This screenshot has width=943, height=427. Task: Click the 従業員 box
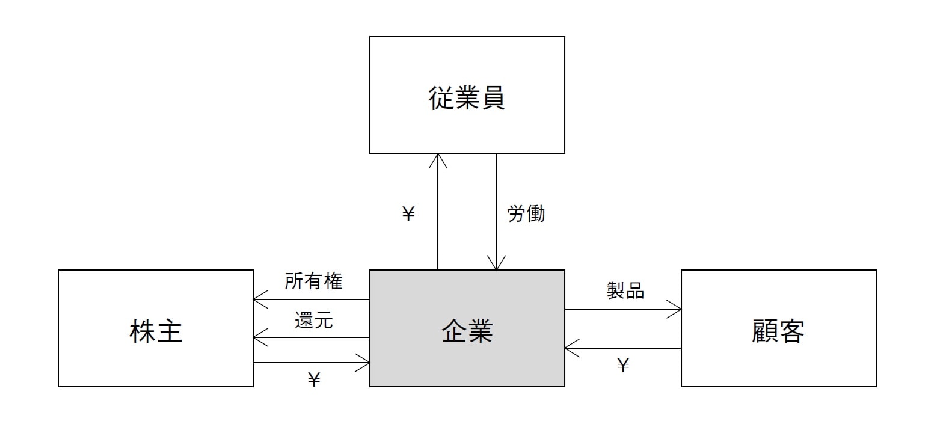click(x=467, y=95)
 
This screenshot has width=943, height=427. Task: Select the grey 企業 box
click(x=467, y=328)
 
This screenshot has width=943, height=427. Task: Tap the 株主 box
click(x=155, y=328)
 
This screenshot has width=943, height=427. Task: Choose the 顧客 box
click(x=778, y=328)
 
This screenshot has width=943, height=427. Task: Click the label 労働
click(x=526, y=214)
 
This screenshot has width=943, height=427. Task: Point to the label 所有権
click(x=313, y=281)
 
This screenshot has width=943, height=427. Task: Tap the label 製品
click(x=625, y=291)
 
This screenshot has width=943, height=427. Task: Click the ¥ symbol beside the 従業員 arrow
click(x=408, y=214)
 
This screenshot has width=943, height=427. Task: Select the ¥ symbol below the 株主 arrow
click(x=313, y=379)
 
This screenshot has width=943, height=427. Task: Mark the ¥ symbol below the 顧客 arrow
click(x=623, y=365)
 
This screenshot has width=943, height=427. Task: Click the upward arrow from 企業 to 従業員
click(x=438, y=210)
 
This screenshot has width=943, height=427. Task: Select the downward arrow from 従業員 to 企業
click(x=496, y=210)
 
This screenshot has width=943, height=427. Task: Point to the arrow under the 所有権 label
click(x=312, y=299)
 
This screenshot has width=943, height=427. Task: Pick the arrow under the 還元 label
click(x=312, y=337)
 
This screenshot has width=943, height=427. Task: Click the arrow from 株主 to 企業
click(x=312, y=363)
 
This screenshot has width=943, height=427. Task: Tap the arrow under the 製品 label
click(x=623, y=310)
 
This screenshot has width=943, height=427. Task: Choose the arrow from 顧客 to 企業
click(x=623, y=348)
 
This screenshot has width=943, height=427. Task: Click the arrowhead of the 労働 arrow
click(x=496, y=265)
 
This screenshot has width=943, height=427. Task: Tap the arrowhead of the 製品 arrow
click(x=676, y=310)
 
